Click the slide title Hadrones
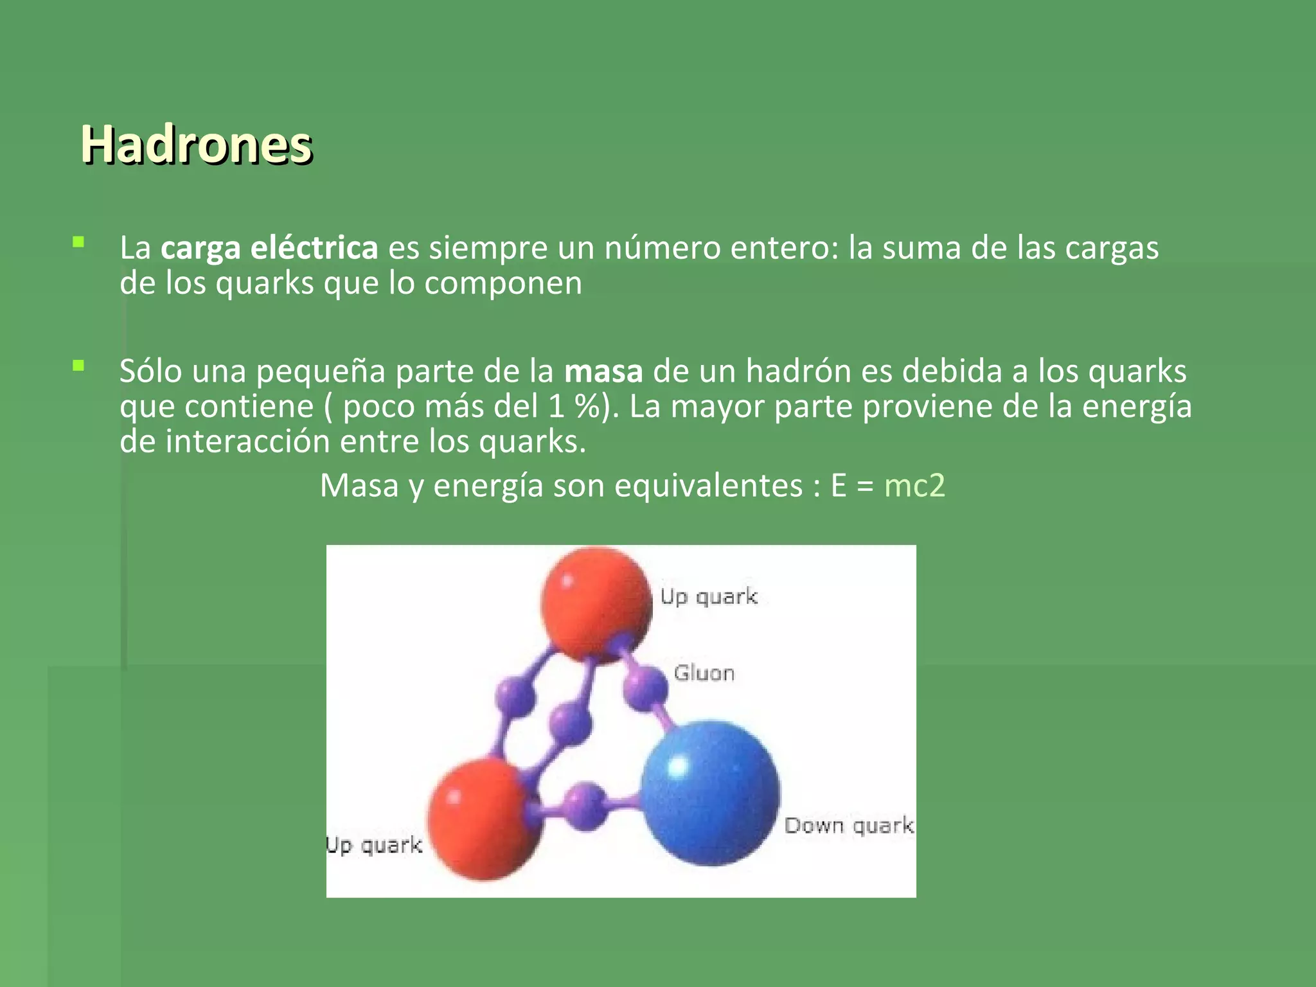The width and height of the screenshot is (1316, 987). coord(196,145)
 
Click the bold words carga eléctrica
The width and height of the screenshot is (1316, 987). coord(269,248)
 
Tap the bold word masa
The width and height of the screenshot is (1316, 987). coord(603,372)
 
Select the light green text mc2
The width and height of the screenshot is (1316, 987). coord(914,486)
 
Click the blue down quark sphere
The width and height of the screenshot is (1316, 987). coord(710,794)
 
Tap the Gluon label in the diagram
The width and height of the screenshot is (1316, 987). coord(704,673)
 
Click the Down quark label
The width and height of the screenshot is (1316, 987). coord(848,826)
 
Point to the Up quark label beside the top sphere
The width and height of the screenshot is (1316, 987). coord(709,597)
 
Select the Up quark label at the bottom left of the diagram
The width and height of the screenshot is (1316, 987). coord(374,845)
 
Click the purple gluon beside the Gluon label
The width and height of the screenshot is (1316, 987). coord(645,689)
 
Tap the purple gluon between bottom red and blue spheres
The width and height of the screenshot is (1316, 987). coord(585,806)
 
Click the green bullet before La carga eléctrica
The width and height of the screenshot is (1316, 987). coord(78,243)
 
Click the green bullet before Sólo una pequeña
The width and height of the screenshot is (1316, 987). coord(78,366)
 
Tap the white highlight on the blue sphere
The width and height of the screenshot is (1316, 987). coord(678,767)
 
